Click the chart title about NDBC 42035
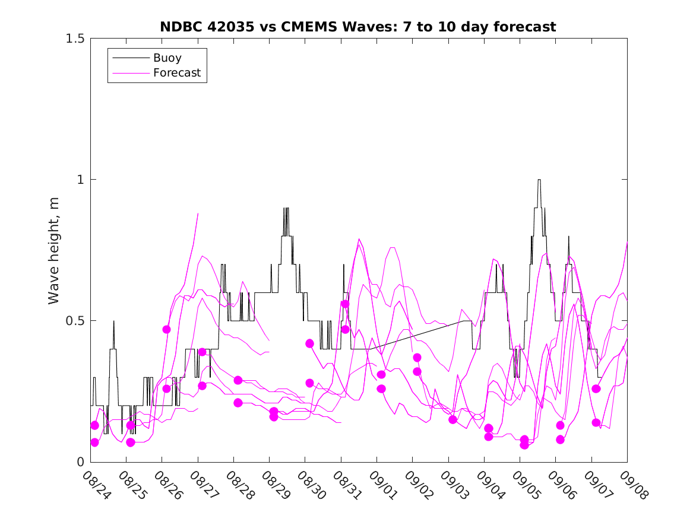(x=358, y=27)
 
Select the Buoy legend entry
(x=167, y=58)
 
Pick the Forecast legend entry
(x=176, y=74)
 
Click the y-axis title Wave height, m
(x=54, y=250)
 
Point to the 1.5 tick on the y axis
(x=74, y=39)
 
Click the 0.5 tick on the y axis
(x=74, y=321)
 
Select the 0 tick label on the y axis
(x=80, y=462)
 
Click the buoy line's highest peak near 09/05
(x=539, y=180)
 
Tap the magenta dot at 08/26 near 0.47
(x=167, y=329)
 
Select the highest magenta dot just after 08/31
(x=345, y=304)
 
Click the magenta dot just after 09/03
(x=453, y=419)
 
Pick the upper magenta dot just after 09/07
(x=596, y=389)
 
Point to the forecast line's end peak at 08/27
(x=198, y=214)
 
